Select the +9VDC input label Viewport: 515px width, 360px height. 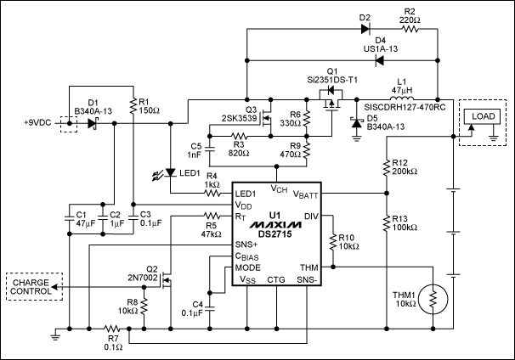(x=36, y=122)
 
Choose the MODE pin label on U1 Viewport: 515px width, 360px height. (x=248, y=266)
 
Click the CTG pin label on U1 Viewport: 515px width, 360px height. (x=277, y=278)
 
